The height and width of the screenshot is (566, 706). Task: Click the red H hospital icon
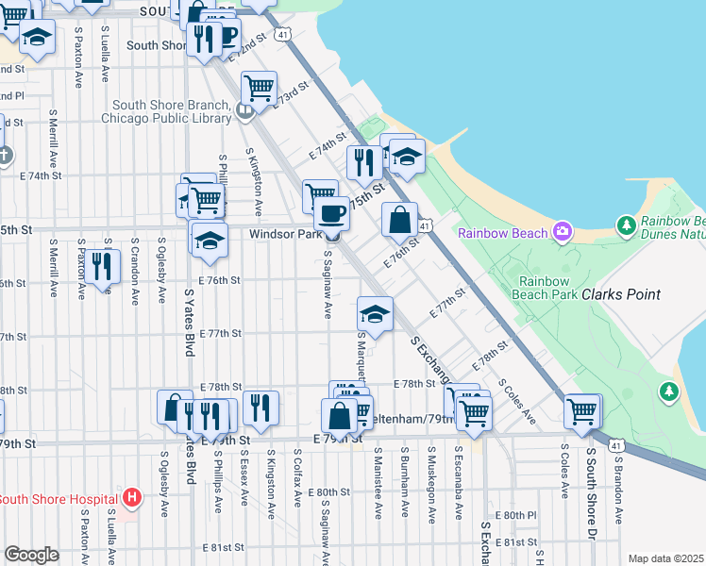[132, 496]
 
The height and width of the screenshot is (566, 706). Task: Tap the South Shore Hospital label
[59, 499]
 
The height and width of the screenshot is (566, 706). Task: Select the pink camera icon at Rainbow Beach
[563, 230]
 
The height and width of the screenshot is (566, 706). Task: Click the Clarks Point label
[620, 294]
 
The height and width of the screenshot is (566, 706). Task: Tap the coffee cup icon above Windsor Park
[330, 214]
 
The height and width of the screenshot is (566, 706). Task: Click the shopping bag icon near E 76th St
[400, 220]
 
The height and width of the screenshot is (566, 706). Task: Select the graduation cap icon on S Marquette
[375, 314]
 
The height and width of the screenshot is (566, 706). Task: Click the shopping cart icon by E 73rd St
[259, 90]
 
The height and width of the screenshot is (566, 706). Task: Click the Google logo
[31, 555]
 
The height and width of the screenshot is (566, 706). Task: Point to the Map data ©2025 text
[665, 558]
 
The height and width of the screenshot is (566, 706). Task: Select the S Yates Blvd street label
[190, 322]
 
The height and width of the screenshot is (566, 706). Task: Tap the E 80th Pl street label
[519, 515]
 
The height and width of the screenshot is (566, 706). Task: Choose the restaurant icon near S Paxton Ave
[104, 266]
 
